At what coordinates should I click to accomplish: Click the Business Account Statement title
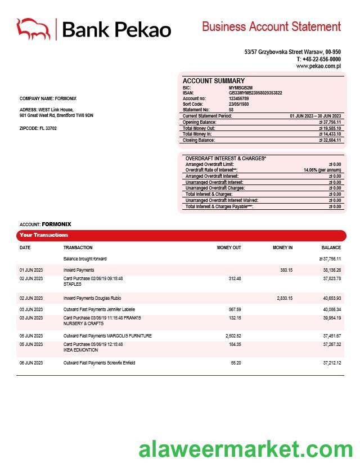point(271,26)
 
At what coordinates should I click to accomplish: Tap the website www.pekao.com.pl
point(318,66)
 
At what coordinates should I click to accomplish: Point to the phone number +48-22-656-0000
point(321,59)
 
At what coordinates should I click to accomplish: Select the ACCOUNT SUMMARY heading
point(213,81)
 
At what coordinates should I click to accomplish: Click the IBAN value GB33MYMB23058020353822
point(255,93)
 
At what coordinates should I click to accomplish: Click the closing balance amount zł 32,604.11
point(330,140)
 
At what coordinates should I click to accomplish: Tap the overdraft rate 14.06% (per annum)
point(322,170)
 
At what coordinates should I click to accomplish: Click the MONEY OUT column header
point(229,247)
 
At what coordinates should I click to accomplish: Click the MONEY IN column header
point(282,247)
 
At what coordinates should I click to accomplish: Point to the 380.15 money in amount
point(286,270)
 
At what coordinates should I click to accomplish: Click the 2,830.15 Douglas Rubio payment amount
point(285,298)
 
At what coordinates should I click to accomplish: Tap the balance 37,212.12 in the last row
point(332,363)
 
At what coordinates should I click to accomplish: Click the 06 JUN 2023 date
point(31,363)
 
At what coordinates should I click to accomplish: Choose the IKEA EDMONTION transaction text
point(80,350)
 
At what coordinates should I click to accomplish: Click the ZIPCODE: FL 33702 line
point(38,128)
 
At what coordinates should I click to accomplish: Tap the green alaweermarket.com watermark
point(246,449)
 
